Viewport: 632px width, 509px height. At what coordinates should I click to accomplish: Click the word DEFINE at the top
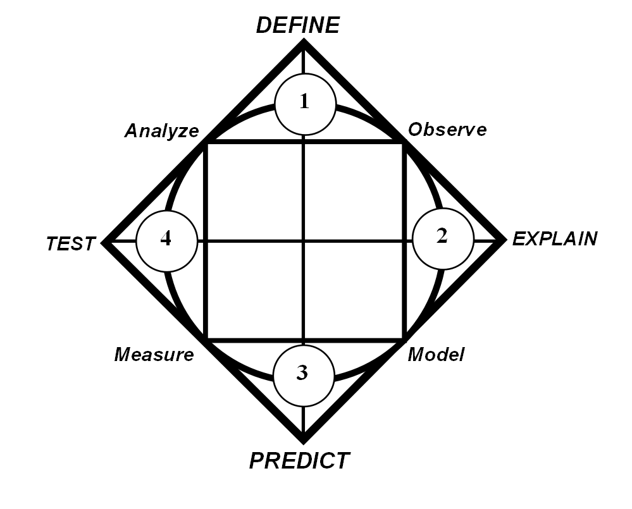(x=297, y=25)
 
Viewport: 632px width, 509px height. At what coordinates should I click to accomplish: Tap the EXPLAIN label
(x=554, y=239)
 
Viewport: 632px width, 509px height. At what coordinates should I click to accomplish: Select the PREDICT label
(x=299, y=460)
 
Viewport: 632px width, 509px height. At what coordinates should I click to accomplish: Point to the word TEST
(x=71, y=244)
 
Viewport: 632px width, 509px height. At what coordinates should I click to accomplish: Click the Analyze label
(x=161, y=131)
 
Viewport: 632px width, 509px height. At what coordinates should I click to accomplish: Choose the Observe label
(x=447, y=130)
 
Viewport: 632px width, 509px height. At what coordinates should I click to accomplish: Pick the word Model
(x=436, y=355)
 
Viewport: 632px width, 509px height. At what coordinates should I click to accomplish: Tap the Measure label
(x=154, y=355)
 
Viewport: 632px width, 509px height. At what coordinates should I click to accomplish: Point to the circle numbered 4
(x=166, y=241)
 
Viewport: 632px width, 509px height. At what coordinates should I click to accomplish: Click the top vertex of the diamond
(x=304, y=42)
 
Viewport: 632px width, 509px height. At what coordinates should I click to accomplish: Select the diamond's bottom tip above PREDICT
(x=304, y=439)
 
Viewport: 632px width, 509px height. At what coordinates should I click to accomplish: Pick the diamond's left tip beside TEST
(x=106, y=241)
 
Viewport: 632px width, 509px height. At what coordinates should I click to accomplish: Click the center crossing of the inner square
(x=304, y=241)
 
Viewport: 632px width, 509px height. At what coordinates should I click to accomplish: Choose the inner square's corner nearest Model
(x=404, y=340)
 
